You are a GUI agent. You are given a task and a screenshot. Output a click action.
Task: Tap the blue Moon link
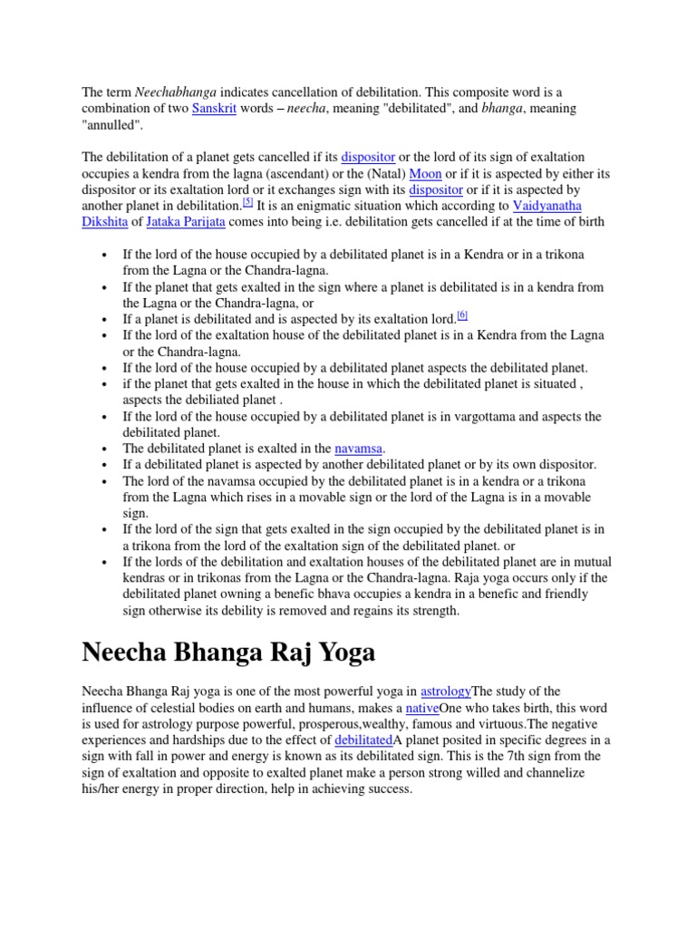(x=425, y=174)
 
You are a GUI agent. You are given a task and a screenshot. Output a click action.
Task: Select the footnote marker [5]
(x=247, y=203)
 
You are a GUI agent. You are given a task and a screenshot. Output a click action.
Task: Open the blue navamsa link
(x=359, y=449)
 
